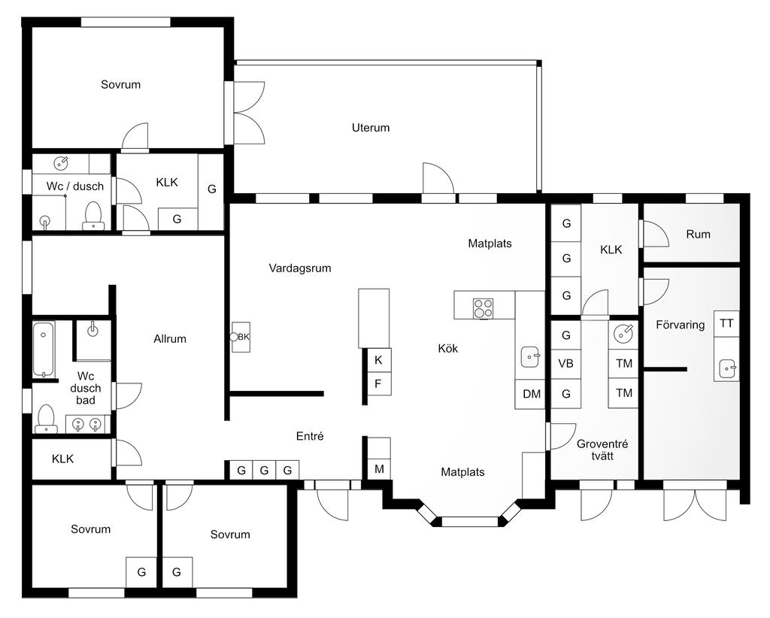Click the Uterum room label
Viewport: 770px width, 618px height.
coord(371,128)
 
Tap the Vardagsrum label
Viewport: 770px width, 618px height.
coord(300,268)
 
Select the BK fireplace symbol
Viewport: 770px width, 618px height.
coord(241,338)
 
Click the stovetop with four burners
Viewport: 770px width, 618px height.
coord(483,309)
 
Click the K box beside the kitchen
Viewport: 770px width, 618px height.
coord(378,360)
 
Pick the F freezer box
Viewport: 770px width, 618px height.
coord(378,383)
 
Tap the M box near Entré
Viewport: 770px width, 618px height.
coord(379,469)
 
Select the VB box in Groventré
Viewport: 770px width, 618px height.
coord(565,364)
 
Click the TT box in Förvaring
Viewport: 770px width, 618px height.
coord(727,323)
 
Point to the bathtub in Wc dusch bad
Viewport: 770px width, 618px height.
coord(44,349)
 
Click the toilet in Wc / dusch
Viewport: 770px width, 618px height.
coord(92,216)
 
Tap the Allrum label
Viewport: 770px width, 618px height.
coord(170,339)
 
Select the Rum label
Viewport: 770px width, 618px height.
coord(699,234)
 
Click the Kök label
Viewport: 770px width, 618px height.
coord(448,349)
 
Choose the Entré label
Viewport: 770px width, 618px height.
coord(310,436)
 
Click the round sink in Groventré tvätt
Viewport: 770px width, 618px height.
coord(623,334)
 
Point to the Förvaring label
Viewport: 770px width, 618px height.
coord(680,325)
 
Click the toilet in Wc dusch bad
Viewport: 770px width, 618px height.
coord(46,418)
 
